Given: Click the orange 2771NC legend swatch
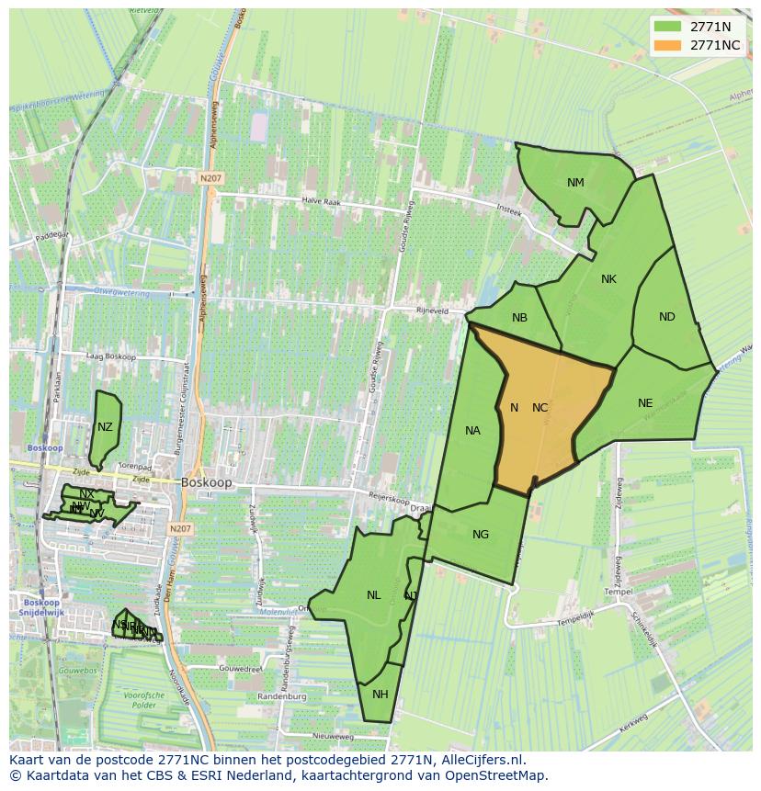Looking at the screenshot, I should tap(668, 45).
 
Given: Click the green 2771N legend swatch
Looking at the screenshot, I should tap(668, 27).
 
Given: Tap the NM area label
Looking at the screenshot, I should tap(575, 183).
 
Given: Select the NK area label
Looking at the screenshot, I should tap(608, 279).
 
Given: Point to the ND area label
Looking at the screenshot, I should tap(667, 317).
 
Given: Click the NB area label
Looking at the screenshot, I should tap(519, 318).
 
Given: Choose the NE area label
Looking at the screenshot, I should tap(645, 403).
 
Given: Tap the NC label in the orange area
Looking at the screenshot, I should tap(540, 408).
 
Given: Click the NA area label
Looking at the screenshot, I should tap(472, 431).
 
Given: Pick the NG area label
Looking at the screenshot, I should tap(481, 535).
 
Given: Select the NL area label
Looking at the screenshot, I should tap(373, 595).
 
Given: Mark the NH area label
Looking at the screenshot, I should tap(380, 694).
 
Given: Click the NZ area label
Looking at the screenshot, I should tap(105, 427).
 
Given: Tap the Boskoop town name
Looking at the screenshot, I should tap(207, 481).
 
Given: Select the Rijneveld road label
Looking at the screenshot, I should tap(431, 311).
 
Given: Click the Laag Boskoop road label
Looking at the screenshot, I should tap(109, 356).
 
